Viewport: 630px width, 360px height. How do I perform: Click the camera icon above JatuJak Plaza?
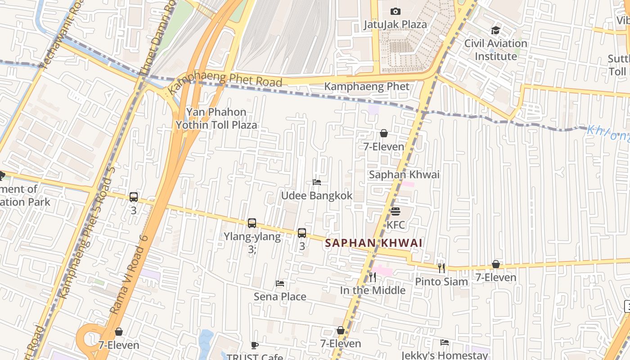(395, 11)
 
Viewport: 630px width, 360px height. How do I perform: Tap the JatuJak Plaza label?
(395, 24)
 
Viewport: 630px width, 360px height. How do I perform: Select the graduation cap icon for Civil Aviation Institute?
(495, 31)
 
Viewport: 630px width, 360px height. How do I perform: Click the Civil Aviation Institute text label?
(495, 49)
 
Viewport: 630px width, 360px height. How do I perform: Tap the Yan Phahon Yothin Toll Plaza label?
(216, 118)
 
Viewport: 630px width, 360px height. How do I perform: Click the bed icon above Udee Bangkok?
(317, 182)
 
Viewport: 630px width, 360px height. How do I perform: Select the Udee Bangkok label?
(317, 196)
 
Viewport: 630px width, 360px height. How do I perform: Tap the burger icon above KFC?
(396, 211)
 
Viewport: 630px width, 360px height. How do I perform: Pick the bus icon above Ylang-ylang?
(252, 223)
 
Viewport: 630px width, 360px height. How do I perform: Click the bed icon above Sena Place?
(280, 283)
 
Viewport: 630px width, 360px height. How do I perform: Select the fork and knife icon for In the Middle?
(372, 277)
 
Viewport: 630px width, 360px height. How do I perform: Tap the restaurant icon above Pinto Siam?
(441, 268)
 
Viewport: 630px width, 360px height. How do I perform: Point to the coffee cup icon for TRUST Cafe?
(255, 346)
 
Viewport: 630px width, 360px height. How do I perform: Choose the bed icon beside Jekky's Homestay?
(445, 342)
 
